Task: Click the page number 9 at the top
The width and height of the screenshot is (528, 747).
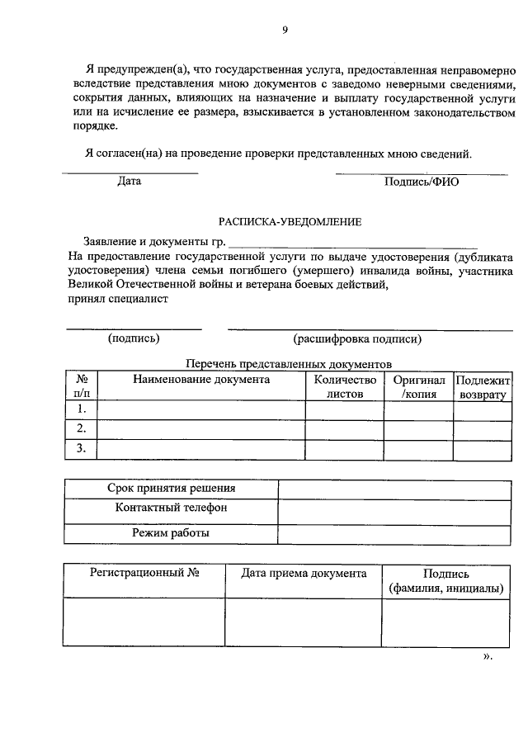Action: [x=285, y=30]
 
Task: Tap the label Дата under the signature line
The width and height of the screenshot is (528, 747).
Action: [x=129, y=182]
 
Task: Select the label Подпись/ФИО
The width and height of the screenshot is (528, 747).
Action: [x=421, y=182]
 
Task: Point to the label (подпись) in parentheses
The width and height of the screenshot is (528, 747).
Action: [x=134, y=338]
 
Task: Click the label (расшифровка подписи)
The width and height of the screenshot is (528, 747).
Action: [x=357, y=338]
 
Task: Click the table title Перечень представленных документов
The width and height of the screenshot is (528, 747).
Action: [x=289, y=364]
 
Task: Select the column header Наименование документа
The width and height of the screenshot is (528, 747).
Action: [x=201, y=380]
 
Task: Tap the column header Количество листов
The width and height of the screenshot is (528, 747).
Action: [x=345, y=387]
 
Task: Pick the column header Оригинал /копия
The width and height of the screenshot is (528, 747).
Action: [x=419, y=387]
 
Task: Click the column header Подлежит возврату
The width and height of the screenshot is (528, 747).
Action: [x=483, y=387]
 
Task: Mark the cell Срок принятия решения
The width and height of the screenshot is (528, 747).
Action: [x=171, y=489]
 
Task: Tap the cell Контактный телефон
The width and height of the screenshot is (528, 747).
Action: [x=171, y=508]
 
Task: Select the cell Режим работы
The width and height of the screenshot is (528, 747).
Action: [x=171, y=533]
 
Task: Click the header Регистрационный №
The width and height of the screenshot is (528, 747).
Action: [x=144, y=573]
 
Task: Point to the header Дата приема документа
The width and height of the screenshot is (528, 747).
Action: [x=304, y=573]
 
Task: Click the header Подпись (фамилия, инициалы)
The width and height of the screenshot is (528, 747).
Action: [x=445, y=580]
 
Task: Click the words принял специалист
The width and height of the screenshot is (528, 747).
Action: [x=119, y=300]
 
